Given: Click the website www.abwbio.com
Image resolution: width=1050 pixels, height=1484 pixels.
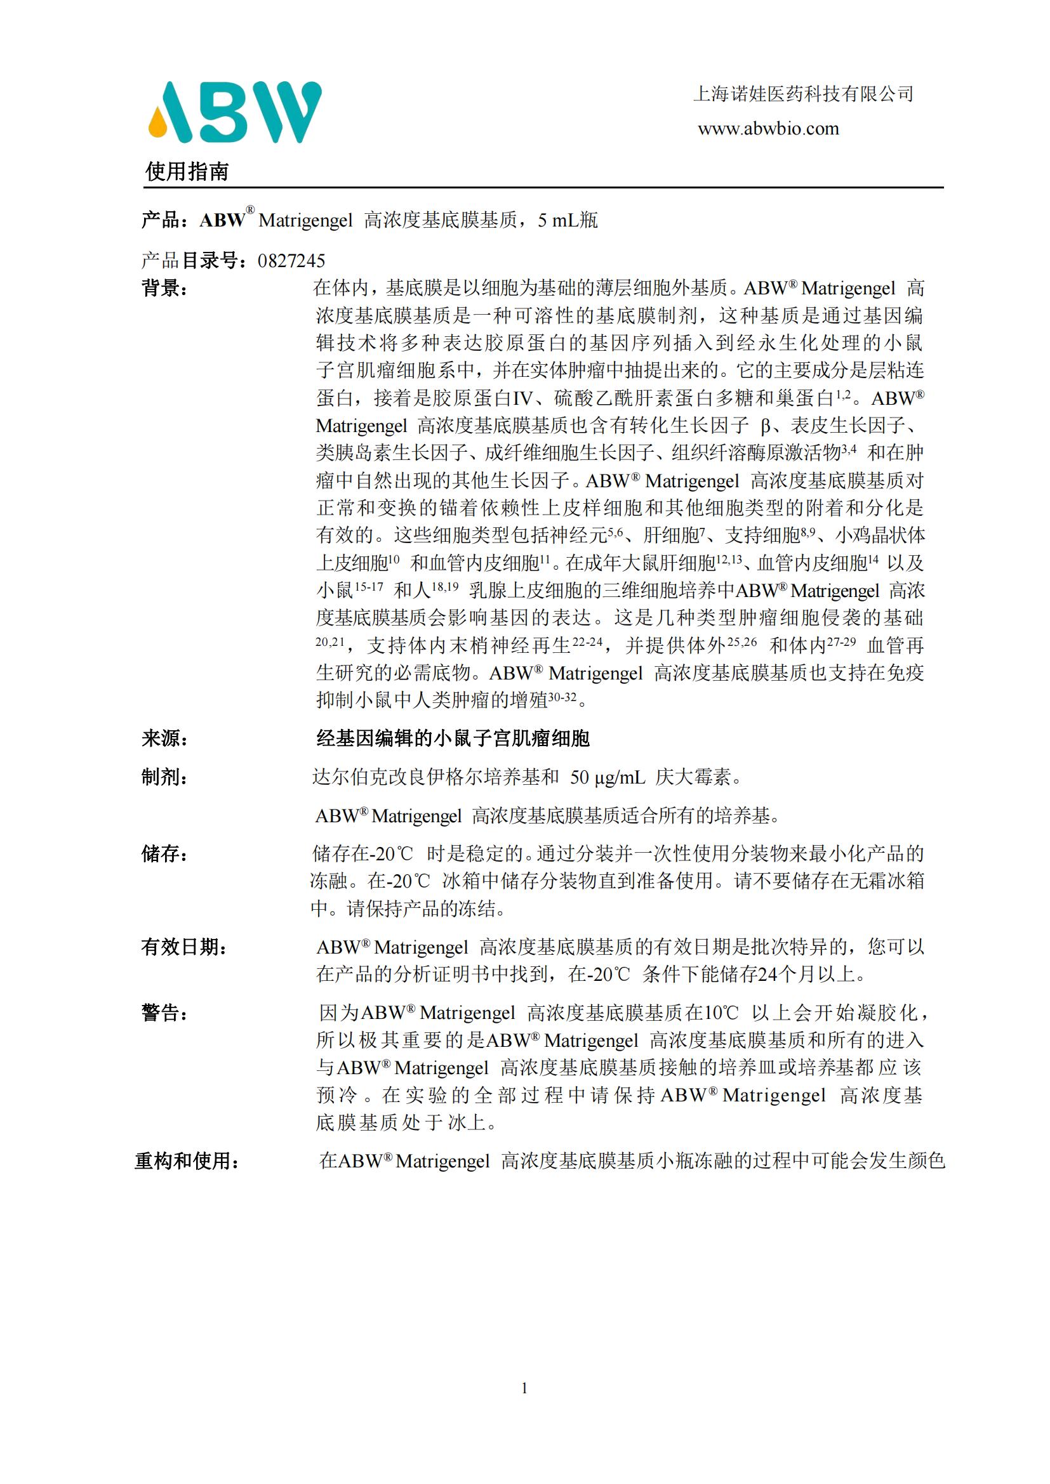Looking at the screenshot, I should (x=768, y=129).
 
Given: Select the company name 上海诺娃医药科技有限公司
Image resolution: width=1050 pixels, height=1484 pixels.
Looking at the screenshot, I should (x=803, y=95).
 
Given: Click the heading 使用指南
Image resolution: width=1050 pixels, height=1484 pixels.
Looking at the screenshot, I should (x=187, y=171).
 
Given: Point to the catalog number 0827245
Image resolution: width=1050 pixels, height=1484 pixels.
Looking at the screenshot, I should (x=291, y=261).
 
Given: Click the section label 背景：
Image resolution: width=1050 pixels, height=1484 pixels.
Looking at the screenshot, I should (x=165, y=288).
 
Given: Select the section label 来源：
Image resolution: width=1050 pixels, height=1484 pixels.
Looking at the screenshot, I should (x=165, y=738).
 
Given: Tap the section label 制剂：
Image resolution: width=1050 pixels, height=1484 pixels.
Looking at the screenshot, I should (x=165, y=777).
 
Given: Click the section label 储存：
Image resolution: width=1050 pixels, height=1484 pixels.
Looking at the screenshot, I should (x=165, y=854).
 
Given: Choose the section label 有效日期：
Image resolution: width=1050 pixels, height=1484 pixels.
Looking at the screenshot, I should (x=184, y=947).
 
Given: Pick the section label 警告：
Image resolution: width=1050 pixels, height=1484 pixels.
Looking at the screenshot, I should (x=165, y=1013).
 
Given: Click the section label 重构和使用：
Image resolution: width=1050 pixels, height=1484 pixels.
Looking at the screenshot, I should (x=187, y=1162).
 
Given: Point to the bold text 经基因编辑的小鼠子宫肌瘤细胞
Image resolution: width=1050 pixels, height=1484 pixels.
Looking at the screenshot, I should (x=453, y=738).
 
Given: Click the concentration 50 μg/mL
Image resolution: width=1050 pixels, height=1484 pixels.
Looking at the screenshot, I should (x=607, y=778).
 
